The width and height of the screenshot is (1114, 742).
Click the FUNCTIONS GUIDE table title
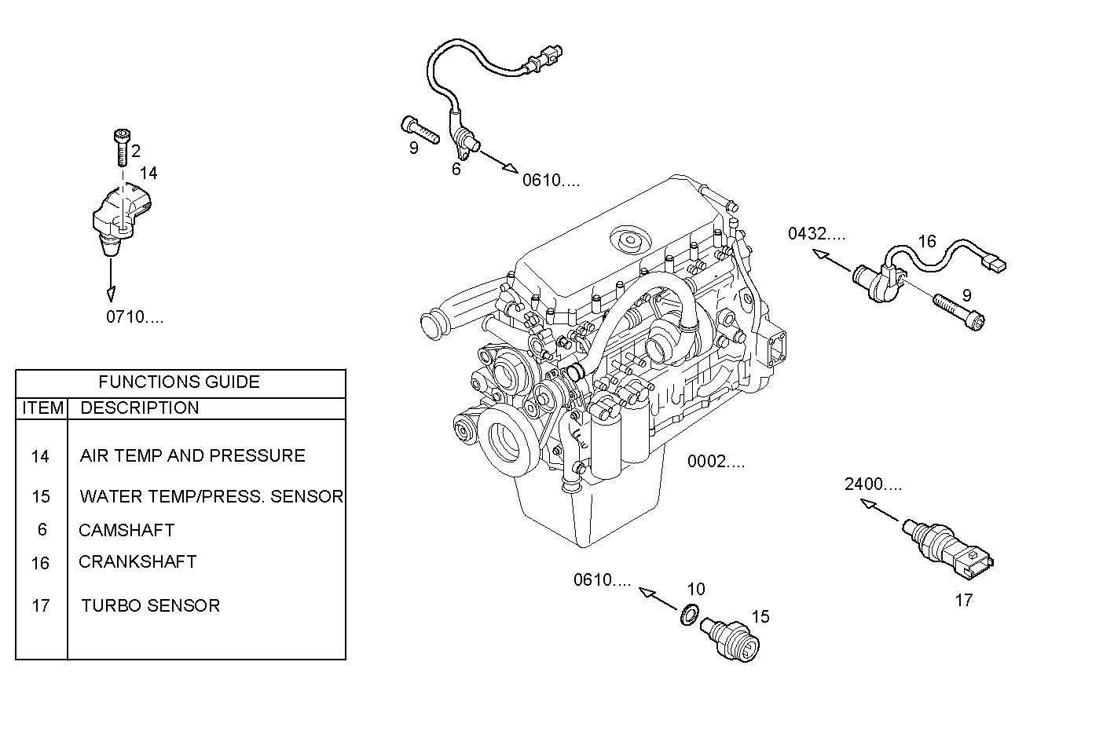point(179,382)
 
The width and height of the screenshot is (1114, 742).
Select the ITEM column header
point(42,408)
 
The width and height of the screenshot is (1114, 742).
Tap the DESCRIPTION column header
point(140,408)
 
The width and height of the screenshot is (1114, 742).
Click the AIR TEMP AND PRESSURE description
point(192,456)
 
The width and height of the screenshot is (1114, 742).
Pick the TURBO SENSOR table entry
point(150,606)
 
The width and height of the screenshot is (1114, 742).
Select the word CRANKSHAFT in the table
point(137,562)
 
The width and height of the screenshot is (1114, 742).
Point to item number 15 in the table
point(41,497)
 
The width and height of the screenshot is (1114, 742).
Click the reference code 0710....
point(135,318)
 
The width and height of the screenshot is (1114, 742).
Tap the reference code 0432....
point(817,234)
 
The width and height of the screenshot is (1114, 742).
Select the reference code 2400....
point(873,484)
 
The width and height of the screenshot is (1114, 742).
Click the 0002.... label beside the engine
point(716,462)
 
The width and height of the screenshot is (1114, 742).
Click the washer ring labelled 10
point(689,614)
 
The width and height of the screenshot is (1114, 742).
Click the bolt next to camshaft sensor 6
point(420,129)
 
